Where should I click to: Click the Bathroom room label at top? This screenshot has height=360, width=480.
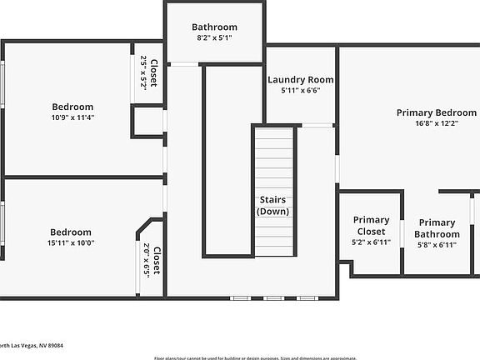tap(214, 27)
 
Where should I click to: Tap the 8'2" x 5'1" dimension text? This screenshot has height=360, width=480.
tap(214, 38)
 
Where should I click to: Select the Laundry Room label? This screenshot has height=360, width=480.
tap(301, 80)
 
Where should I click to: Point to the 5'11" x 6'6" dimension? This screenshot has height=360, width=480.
tap(301, 91)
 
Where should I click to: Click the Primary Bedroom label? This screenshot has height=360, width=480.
tap(436, 112)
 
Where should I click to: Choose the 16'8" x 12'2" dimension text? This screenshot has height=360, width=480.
tap(436, 124)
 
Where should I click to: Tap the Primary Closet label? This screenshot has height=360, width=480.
tap(371, 226)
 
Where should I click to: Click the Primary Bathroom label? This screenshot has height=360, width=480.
tap(437, 228)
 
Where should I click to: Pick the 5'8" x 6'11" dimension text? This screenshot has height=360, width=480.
tap(437, 245)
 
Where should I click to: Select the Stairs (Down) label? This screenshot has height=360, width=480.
tap(273, 205)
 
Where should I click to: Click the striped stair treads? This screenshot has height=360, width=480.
tap(274, 158)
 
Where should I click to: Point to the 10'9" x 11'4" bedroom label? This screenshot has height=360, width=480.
tap(72, 112)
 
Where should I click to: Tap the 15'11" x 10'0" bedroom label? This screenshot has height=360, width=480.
tap(71, 237)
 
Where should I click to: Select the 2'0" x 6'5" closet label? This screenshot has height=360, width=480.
tap(151, 259)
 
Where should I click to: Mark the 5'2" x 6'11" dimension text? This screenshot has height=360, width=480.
tap(371, 242)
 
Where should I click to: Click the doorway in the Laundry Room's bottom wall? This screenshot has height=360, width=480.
tap(316, 125)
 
